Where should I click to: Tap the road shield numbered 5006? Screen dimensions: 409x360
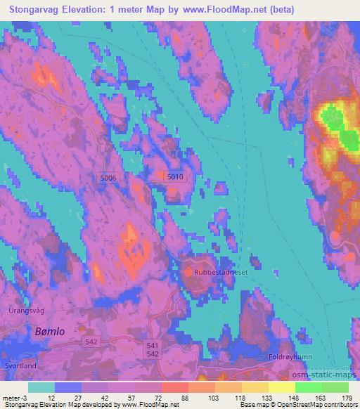pyautogui.click(x=108, y=178)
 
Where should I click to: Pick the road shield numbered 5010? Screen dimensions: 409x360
pyautogui.click(x=175, y=178)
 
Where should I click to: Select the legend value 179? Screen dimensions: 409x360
pyautogui.click(x=347, y=398)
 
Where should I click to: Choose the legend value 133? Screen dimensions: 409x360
pyautogui.click(x=266, y=398)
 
